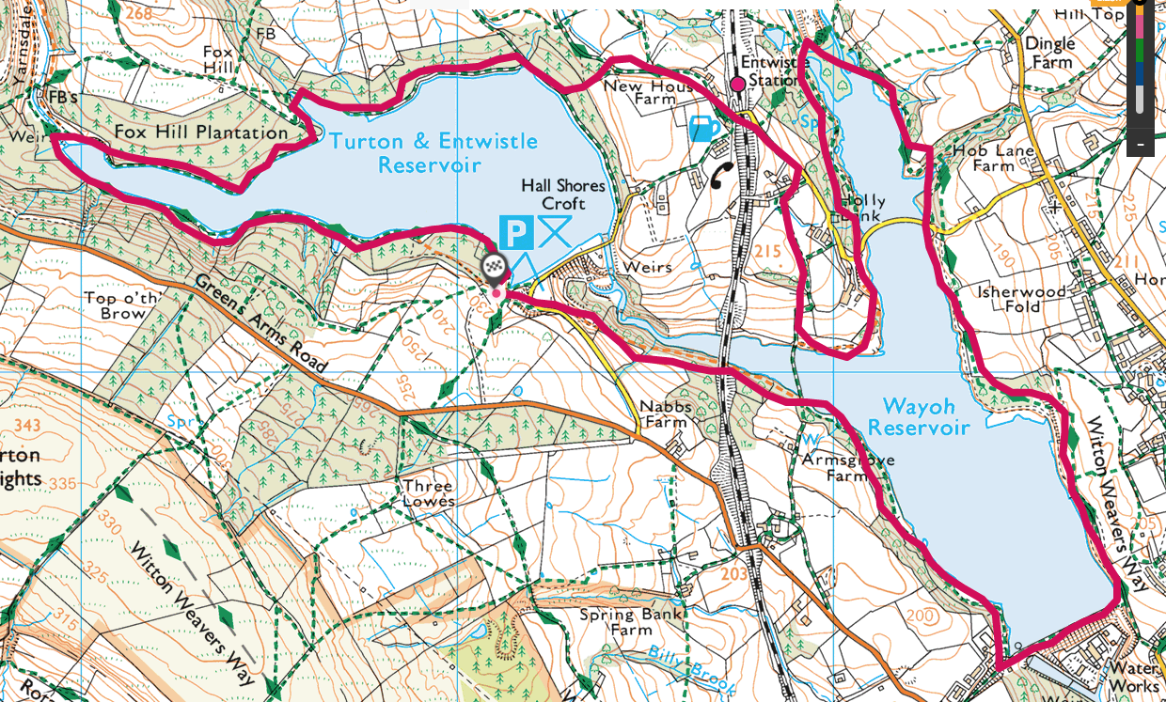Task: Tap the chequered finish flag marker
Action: pos(495,268)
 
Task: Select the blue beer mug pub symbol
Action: pos(704,129)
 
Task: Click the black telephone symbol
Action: pos(723,175)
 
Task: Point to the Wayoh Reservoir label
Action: pos(918,417)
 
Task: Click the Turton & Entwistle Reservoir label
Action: pos(433,153)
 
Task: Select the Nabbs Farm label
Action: pos(664,414)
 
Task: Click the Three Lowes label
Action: pos(428,493)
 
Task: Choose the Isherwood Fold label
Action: pos(1021,299)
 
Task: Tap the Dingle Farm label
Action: pos(1049,53)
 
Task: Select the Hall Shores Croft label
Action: pos(563,195)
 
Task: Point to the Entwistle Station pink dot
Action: pos(738,85)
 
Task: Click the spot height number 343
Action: pos(27,427)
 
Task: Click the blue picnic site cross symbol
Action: pos(556,230)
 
